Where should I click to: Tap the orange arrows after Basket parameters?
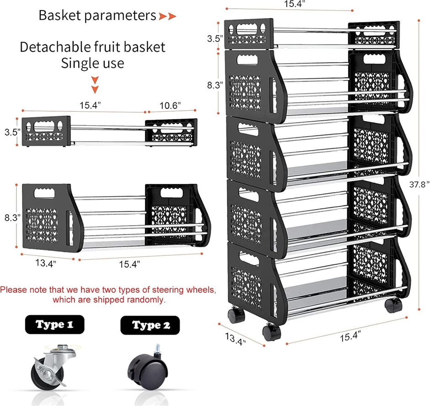(x=167, y=16)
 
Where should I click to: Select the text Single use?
(x=93, y=63)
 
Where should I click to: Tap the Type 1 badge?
(x=55, y=325)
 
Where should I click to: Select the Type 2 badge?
(x=150, y=325)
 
